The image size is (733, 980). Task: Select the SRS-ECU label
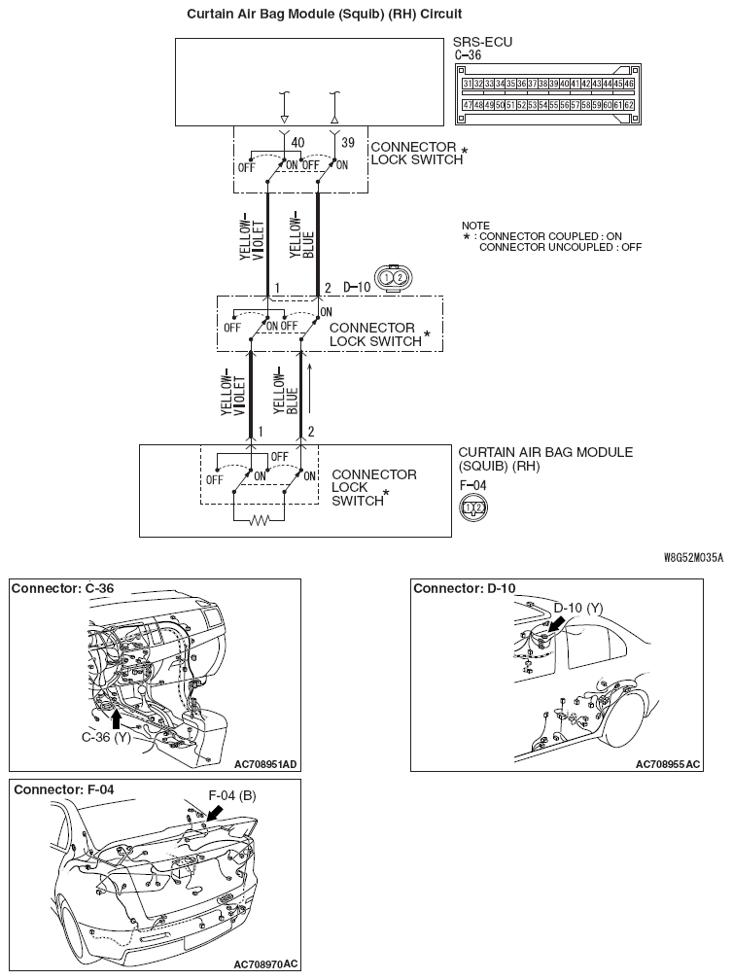(482, 43)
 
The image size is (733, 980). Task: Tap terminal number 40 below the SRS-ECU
(298, 143)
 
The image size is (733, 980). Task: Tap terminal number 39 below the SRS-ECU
(347, 143)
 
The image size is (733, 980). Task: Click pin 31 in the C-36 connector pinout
(468, 85)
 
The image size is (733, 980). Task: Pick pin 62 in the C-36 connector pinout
(629, 104)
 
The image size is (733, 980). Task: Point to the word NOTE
(476, 225)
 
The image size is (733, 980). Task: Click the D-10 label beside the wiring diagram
(357, 288)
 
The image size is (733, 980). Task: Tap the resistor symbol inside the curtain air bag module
(260, 521)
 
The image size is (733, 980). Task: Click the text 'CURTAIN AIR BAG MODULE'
(544, 452)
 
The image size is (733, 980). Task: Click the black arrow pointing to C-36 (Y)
(118, 718)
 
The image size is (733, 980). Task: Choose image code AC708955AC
(667, 764)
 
